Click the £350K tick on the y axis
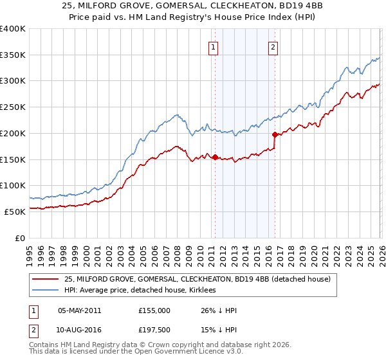pos(13,55)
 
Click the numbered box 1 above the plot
pos(213,46)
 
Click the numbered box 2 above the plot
pos(273,46)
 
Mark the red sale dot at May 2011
pos(215,157)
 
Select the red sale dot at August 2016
pos(275,135)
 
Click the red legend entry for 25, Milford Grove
pos(197,279)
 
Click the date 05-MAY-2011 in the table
pos(79,310)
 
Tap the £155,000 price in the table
pos(154,310)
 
